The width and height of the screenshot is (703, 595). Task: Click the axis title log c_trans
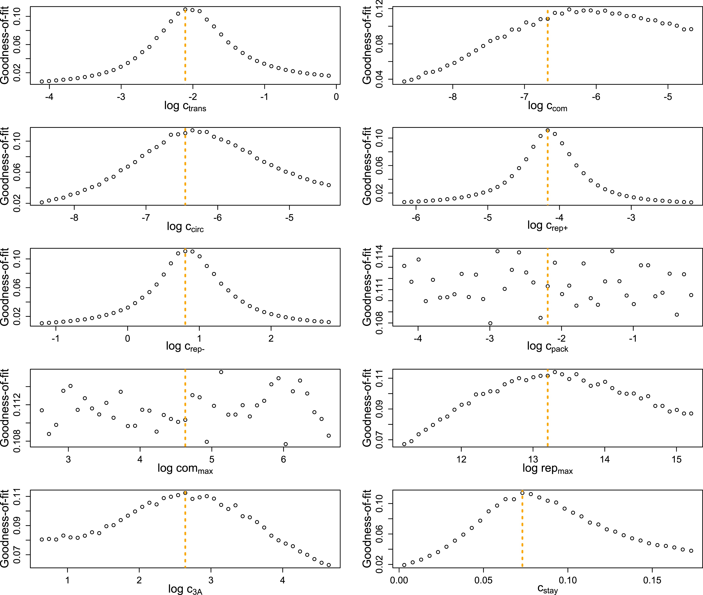click(185, 106)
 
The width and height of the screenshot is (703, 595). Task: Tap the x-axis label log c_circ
click(185, 227)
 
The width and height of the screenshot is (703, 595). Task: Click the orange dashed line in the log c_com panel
click(548, 47)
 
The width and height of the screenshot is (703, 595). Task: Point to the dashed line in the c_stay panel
click(522, 533)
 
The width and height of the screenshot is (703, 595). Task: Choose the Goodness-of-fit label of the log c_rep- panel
click(5, 287)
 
